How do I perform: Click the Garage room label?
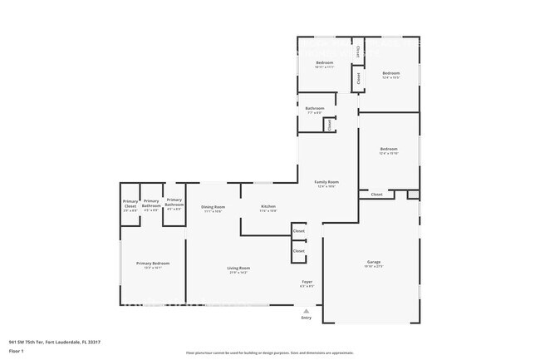[x=374, y=262]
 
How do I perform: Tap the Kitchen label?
[x=268, y=206]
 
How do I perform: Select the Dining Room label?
[x=214, y=207]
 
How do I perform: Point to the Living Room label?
[x=239, y=268]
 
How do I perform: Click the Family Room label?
[x=326, y=182]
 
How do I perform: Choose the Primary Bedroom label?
[x=152, y=264]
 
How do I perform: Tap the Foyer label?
[x=307, y=283]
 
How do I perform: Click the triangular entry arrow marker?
[x=306, y=311]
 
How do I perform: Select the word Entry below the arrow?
[x=306, y=318]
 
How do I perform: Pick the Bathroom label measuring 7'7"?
[x=314, y=109]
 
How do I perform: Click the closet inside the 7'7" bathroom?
[x=329, y=125]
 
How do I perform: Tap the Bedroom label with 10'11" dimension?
[x=324, y=63]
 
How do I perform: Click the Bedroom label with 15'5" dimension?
[x=391, y=73]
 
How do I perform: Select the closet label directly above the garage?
[x=376, y=195]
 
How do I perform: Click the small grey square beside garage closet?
[x=413, y=195]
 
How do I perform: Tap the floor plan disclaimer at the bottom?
[x=270, y=353]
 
